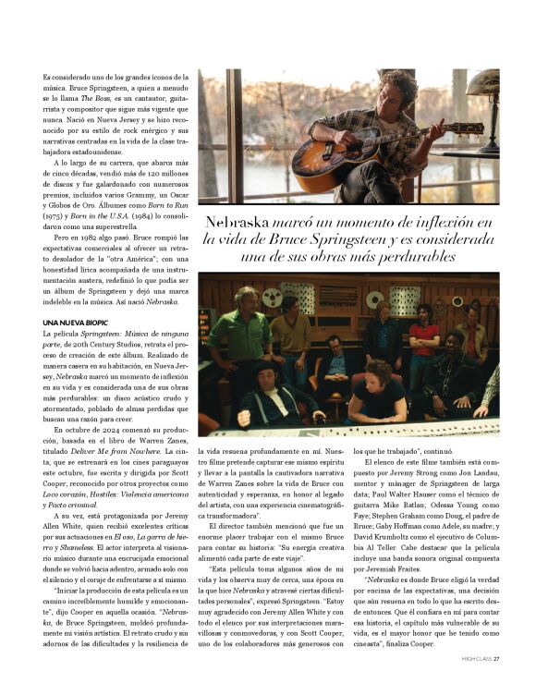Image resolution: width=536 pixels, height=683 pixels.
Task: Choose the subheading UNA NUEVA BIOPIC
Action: pos(80,321)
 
